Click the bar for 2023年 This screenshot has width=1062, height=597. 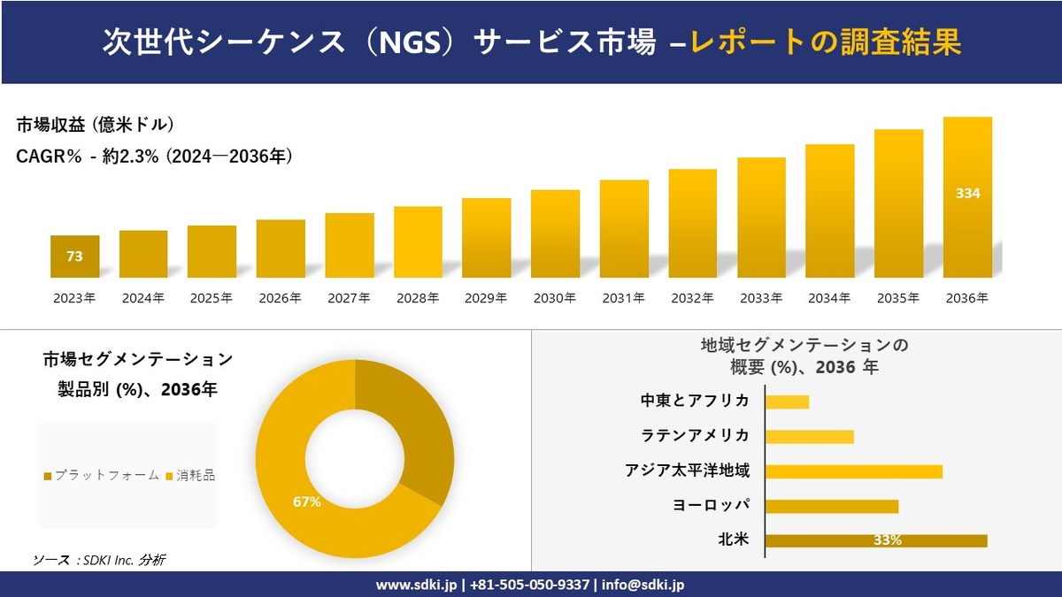[74, 256]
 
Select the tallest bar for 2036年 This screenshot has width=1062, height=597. [967, 197]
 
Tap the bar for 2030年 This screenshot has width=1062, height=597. [555, 233]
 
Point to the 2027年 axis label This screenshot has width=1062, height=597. [349, 299]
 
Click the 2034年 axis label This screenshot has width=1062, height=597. [829, 299]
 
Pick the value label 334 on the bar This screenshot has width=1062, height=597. [967, 193]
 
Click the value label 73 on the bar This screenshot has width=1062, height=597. [74, 256]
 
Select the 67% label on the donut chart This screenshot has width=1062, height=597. [306, 501]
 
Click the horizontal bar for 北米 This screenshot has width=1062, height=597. [875, 540]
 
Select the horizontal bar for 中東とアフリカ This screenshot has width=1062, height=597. [787, 402]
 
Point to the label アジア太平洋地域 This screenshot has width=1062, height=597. [688, 471]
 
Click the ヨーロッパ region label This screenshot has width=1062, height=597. [711, 505]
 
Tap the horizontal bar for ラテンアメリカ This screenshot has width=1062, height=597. [809, 436]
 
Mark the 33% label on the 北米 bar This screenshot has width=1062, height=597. [887, 540]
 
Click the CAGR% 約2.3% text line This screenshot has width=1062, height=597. [155, 157]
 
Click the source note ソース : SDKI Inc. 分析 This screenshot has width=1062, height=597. [99, 559]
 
